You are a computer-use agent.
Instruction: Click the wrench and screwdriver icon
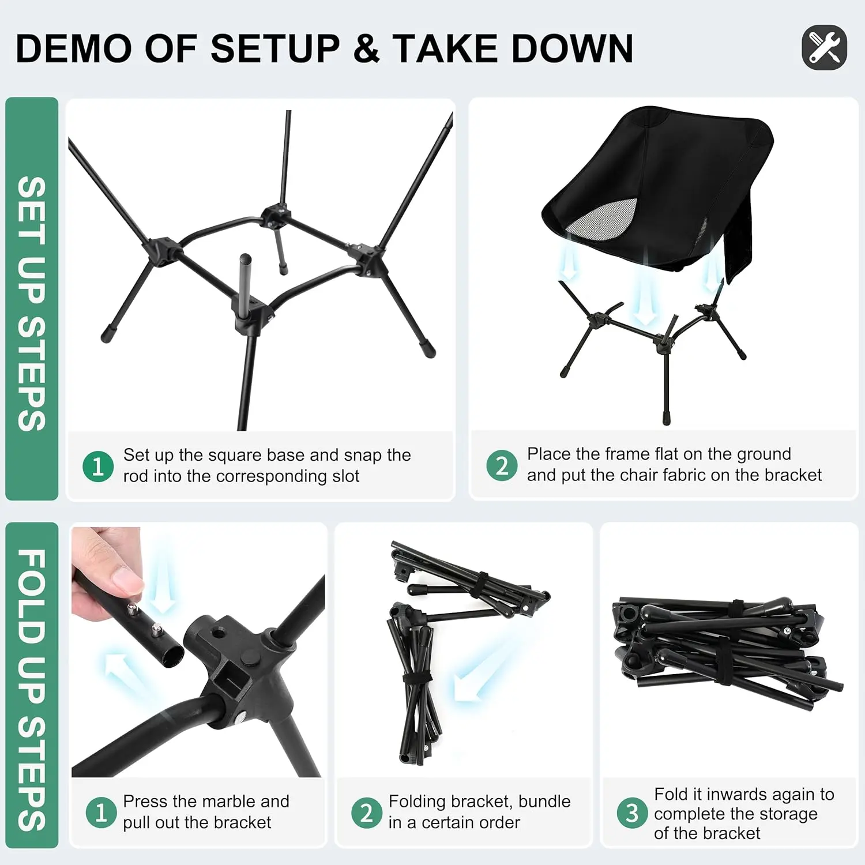824,47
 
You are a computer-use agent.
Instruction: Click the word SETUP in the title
275,48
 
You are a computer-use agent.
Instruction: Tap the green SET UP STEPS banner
32,300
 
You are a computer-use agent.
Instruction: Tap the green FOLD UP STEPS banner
32,686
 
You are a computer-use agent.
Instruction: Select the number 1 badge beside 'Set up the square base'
98,466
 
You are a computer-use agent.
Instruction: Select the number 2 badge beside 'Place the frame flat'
502,465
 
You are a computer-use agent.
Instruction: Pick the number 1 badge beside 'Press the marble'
101,813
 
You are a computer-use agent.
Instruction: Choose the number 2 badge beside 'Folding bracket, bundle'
367,813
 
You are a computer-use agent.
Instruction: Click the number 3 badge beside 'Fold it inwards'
632,813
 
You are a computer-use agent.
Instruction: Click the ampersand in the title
366,48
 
